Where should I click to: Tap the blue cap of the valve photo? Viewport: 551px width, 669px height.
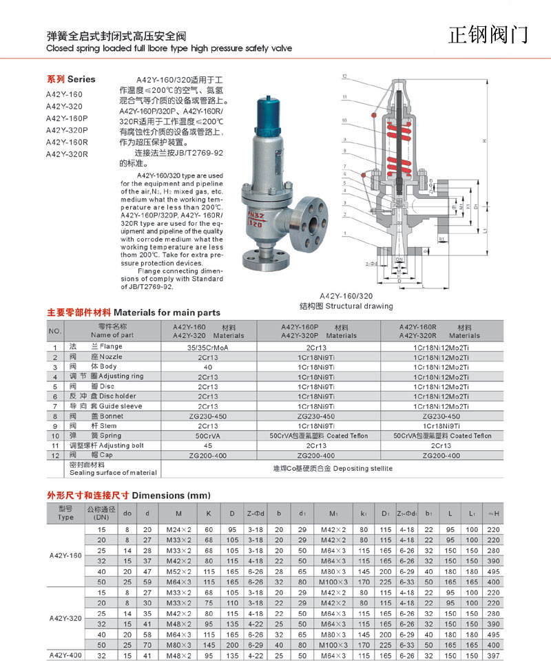click(264, 111)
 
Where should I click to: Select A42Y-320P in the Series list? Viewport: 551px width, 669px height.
click(67, 130)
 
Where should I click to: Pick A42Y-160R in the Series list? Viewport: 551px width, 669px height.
click(67, 142)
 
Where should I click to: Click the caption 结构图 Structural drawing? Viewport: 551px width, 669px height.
click(346, 306)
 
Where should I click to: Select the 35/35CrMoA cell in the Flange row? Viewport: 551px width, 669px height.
click(208, 347)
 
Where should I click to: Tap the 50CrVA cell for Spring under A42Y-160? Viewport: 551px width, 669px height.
click(208, 436)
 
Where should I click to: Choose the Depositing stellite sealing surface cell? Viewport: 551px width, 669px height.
click(333, 468)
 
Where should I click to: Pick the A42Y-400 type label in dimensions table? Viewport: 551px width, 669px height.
click(65, 656)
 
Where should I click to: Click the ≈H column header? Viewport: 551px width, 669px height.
click(492, 513)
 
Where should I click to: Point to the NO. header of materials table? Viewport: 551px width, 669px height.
click(56, 331)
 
